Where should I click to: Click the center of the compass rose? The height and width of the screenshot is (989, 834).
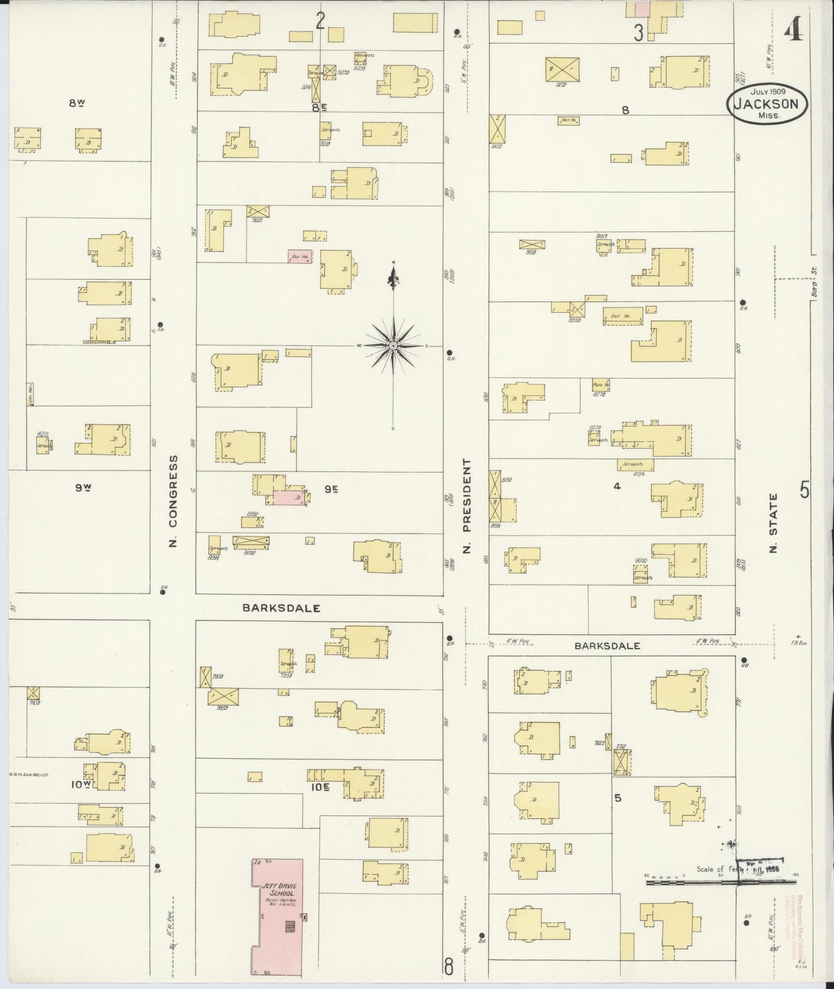pyautogui.click(x=393, y=345)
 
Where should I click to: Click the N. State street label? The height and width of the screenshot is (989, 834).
pyautogui.click(x=774, y=523)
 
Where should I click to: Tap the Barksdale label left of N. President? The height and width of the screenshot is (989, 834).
pyautogui.click(x=281, y=608)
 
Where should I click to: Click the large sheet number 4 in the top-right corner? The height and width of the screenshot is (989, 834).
pyautogui.click(x=793, y=32)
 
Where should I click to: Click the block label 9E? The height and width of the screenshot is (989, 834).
pyautogui.click(x=331, y=488)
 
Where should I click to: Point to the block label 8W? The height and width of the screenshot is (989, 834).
pyautogui.click(x=77, y=103)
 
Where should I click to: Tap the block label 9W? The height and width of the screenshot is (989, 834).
pyautogui.click(x=83, y=487)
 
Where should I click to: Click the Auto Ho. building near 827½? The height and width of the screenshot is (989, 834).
pyautogui.click(x=601, y=385)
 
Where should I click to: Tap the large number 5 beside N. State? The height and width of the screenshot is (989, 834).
pyautogui.click(x=805, y=489)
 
